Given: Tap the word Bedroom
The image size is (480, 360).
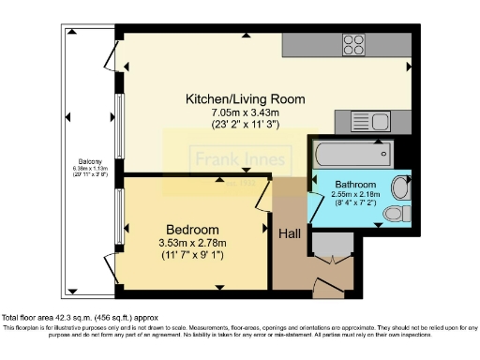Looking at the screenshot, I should click(192, 230).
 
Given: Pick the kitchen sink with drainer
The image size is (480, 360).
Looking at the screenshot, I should click(361, 120).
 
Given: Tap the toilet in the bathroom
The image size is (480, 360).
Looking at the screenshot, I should click(399, 187).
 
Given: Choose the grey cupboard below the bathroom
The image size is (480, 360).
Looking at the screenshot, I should click(330, 246).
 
